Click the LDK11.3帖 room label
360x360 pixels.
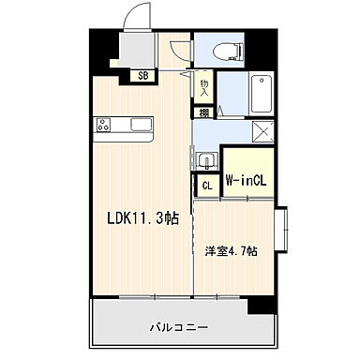point(141,218)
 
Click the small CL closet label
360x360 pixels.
point(207,186)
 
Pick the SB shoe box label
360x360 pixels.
point(143,76)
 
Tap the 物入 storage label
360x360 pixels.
point(204,85)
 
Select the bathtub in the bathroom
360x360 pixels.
point(262,95)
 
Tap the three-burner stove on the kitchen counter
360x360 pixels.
point(102,125)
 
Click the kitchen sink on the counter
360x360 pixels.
point(142,125)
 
